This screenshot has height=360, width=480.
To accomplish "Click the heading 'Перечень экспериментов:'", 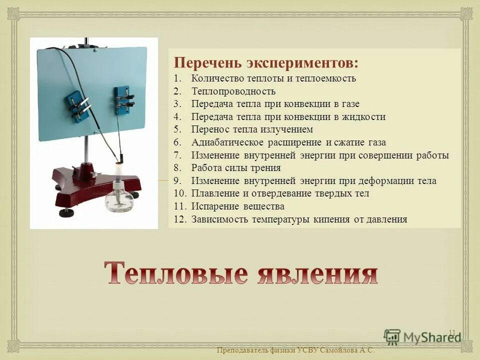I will coord(265,63).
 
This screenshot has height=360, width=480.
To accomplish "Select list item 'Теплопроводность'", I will coord(233,91).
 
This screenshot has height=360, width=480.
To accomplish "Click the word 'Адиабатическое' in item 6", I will coord(223,142).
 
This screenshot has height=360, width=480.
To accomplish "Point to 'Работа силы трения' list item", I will coord(235,168).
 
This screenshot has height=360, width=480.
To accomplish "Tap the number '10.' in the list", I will coord(179,193).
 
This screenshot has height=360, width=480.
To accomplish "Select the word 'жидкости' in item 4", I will coord(366,117).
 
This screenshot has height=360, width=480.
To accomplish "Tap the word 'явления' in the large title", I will coord(317,273).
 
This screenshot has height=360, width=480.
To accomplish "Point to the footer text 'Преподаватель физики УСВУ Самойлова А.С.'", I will coord(295,350).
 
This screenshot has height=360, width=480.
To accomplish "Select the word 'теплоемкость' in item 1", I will coord(325,78).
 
